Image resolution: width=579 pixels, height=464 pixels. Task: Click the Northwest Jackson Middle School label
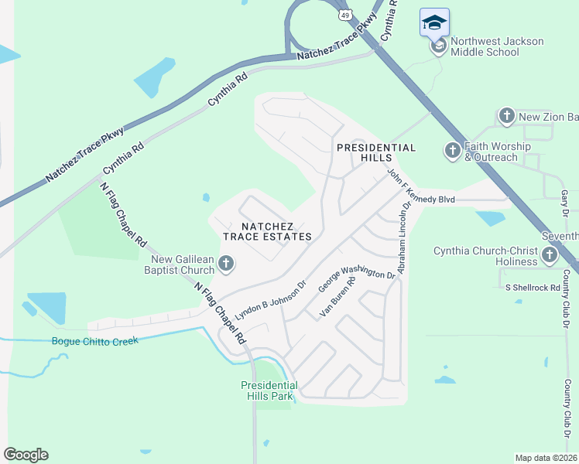click(496, 46)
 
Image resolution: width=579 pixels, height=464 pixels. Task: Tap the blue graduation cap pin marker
click(434, 22)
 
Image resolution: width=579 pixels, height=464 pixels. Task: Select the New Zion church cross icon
click(506, 117)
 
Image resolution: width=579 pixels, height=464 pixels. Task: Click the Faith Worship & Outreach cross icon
click(453, 151)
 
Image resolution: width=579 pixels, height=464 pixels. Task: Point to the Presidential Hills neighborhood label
click(375, 152)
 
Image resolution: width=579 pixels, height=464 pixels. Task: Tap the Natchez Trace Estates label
click(267, 230)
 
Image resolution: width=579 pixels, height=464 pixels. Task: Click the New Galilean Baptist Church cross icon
click(226, 264)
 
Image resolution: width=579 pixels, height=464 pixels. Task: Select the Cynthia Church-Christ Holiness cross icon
click(550, 255)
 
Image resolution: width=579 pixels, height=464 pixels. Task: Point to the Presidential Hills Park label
click(269, 391)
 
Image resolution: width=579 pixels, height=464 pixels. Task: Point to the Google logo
click(26, 455)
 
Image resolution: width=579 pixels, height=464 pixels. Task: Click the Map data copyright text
click(546, 458)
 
